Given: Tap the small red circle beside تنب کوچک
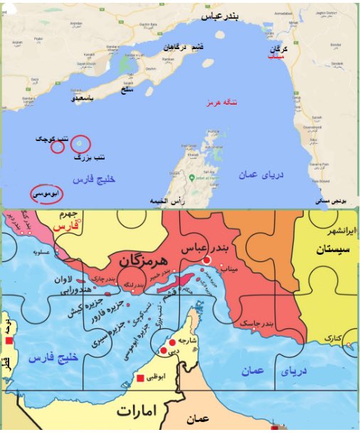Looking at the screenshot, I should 58,149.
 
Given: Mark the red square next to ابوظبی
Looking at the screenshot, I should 142,377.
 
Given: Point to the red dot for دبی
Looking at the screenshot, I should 164,350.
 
